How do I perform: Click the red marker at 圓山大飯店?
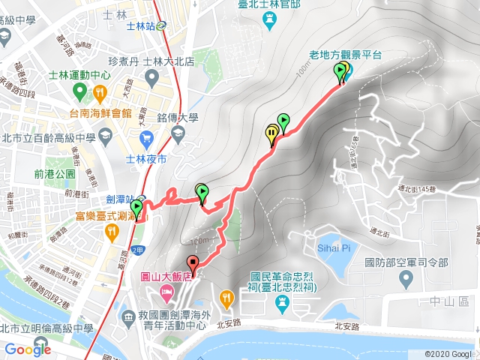193,264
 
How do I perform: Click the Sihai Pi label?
335,247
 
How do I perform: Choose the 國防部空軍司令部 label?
406,262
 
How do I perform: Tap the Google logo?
28,349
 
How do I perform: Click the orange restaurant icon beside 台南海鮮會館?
100,92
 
